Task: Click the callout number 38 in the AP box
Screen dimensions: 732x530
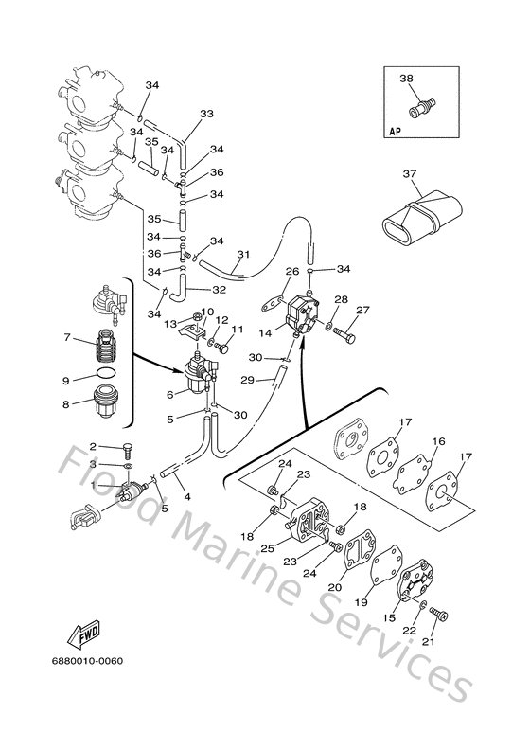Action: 406,79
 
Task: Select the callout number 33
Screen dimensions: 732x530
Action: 206,115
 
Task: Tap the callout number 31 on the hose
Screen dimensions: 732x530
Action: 242,255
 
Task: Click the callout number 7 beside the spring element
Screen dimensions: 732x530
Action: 67,337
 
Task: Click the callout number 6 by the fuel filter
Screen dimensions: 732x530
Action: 170,394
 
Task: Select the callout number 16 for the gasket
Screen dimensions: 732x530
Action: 439,442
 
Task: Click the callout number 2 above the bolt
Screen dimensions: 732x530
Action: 93,445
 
